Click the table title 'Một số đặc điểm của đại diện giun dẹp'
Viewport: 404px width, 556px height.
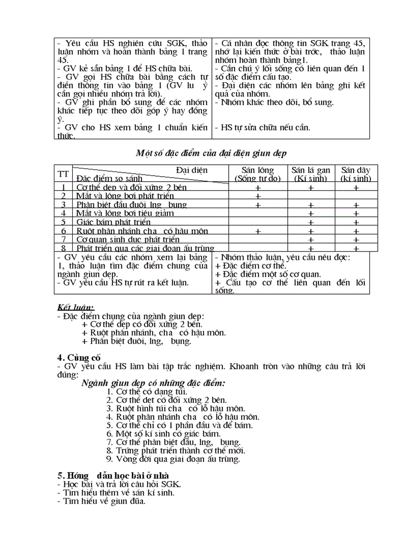(x=211, y=153)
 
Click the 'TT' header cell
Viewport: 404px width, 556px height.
(x=63, y=174)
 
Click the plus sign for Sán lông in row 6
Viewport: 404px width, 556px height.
(x=258, y=231)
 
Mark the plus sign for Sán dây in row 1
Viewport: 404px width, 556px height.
(x=356, y=188)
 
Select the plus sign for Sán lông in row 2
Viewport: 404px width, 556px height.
(x=258, y=197)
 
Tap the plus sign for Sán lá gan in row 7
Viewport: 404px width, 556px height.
(x=310, y=240)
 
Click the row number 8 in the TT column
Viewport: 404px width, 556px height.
(x=63, y=248)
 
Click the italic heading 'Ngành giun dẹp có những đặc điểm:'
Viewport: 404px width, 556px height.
(x=153, y=383)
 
